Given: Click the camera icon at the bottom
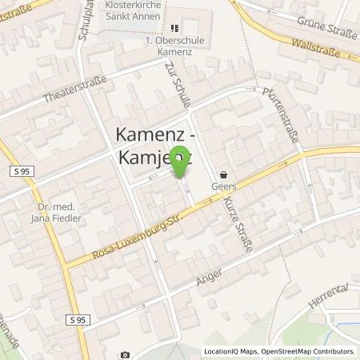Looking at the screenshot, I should [x=125, y=354].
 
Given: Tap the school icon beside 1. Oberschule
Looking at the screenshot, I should [x=174, y=27].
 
